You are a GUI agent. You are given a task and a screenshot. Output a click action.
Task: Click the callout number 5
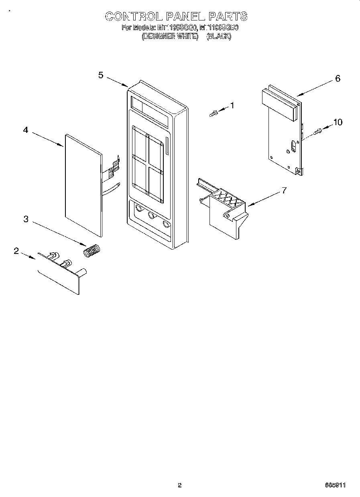101,75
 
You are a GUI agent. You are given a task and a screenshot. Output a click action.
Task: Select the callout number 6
338,79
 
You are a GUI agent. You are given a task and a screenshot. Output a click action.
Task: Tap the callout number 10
338,122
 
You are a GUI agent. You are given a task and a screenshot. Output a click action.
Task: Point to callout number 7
284,191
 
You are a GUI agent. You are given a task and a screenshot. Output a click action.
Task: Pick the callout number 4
26,130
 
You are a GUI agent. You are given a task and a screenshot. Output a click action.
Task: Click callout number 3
26,219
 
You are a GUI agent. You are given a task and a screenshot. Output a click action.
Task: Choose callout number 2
16,251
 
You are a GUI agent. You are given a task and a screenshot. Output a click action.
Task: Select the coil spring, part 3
92,251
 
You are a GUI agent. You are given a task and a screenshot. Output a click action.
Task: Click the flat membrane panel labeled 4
82,185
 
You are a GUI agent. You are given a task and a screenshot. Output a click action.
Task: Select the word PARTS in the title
227,16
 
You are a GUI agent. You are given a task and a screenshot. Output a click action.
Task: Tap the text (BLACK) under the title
219,37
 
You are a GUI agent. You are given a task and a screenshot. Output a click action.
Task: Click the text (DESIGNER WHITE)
170,37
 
